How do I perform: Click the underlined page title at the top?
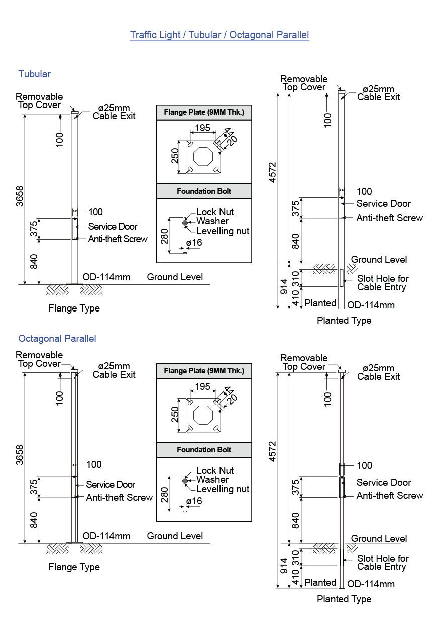(219, 35)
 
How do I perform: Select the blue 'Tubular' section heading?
(34, 74)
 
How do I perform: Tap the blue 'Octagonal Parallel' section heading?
(57, 338)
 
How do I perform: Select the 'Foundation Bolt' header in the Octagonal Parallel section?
(203, 450)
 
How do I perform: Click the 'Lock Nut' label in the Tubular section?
(215, 212)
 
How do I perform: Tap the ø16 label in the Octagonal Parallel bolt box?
(194, 501)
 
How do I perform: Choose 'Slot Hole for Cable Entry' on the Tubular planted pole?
(382, 283)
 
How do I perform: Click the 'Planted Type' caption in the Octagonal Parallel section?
(344, 599)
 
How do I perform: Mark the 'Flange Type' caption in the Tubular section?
(74, 308)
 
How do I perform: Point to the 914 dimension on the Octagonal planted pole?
(284, 566)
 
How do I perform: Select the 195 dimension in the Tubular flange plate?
(202, 128)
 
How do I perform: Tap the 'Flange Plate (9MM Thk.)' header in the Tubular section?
(203, 112)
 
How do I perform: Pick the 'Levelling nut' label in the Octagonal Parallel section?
(223, 489)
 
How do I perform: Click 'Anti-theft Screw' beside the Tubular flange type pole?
(118, 239)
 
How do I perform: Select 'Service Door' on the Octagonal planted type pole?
(383, 483)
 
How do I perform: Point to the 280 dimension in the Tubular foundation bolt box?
(165, 235)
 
